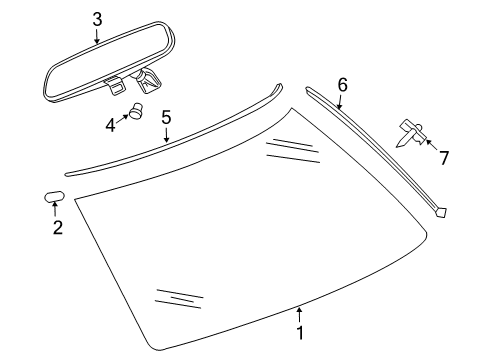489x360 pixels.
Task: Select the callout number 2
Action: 57,228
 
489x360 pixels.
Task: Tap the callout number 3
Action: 97,19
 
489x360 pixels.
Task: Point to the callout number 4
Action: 111,125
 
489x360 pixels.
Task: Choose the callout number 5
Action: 166,119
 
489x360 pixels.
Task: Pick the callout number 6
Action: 342,85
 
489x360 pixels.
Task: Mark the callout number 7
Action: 444,157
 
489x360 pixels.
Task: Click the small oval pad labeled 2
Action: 55,195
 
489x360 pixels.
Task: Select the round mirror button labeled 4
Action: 136,113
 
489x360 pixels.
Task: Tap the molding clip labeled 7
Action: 410,129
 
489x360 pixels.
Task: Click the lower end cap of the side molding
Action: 441,212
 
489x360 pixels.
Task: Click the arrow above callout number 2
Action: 56,209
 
